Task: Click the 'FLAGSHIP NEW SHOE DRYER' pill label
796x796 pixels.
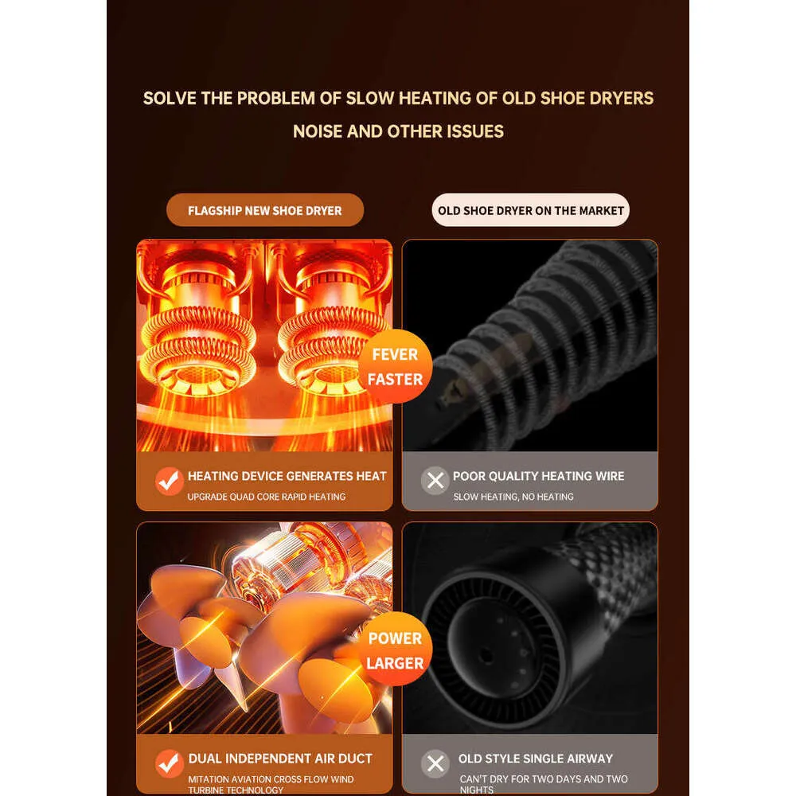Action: tap(265, 210)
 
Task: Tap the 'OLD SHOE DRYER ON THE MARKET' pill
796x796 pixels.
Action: tap(530, 210)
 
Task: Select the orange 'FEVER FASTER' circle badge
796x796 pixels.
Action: tap(395, 366)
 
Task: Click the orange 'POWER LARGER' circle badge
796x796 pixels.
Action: tap(395, 650)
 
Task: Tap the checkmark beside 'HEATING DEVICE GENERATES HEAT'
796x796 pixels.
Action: tap(169, 481)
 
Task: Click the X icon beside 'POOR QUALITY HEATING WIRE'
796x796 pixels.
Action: tap(435, 480)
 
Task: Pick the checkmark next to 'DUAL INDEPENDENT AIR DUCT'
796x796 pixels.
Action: tap(169, 763)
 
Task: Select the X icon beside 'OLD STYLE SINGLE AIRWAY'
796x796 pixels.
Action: tap(435, 763)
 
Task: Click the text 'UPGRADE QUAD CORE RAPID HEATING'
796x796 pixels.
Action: tap(267, 497)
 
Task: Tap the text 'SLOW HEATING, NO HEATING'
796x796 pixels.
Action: tap(513, 497)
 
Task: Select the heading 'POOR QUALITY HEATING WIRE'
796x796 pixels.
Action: tap(539, 476)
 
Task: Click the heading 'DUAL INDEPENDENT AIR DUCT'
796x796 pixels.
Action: tap(280, 759)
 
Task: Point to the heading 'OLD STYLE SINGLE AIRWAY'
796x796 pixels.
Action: tap(536, 759)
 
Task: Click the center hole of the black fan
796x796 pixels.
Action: tap(486, 655)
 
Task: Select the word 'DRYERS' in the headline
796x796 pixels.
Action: tap(622, 98)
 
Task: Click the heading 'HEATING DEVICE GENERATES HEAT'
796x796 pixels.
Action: tap(287, 476)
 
